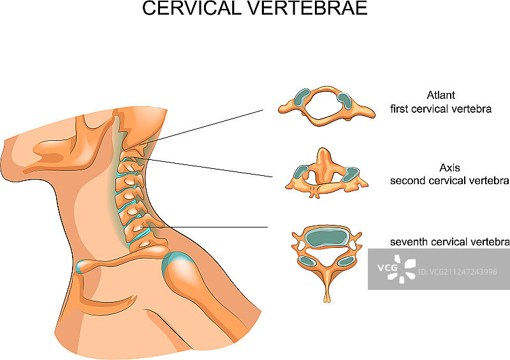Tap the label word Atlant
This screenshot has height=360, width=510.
click(441, 96)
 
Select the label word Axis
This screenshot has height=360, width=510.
click(449, 168)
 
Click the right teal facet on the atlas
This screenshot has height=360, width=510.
click(344, 99)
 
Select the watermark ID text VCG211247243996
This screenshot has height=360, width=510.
click(458, 272)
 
